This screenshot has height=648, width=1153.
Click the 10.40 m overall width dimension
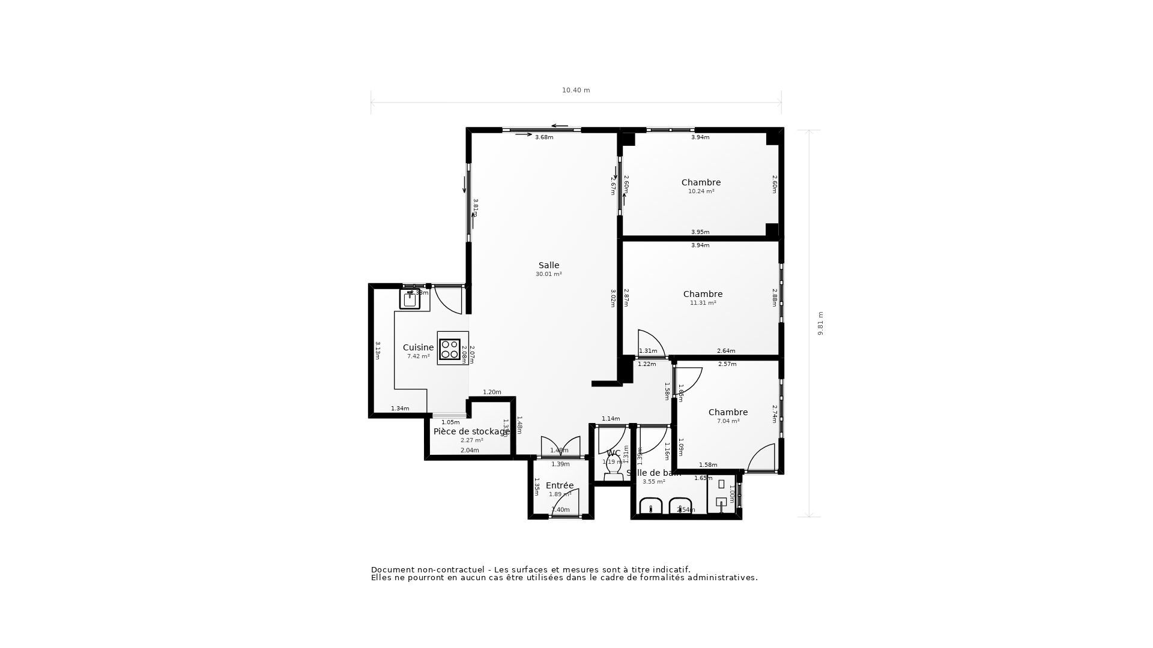click(x=576, y=91)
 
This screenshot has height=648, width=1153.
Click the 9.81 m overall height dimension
click(x=820, y=323)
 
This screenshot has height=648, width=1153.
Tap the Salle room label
click(x=548, y=265)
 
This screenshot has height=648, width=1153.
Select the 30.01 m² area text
click(x=548, y=274)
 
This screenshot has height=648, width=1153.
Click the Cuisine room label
click(x=418, y=347)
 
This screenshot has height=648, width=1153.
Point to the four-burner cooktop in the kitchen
click(x=450, y=349)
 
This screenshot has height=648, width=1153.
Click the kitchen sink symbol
click(x=410, y=299)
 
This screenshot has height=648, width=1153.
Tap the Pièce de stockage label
click(x=471, y=431)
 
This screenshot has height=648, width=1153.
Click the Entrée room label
click(x=559, y=485)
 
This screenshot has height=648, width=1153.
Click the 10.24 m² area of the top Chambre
click(x=701, y=191)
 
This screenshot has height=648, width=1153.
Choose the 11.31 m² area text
click(x=703, y=303)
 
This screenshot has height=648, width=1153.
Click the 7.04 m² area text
click(x=728, y=421)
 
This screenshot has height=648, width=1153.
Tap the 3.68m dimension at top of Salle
click(x=544, y=137)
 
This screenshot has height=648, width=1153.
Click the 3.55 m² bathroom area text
click(x=653, y=482)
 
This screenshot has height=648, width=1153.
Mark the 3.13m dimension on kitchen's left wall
click(x=378, y=350)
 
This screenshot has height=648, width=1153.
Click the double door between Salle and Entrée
click(x=560, y=447)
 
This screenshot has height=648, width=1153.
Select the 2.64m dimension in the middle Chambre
click(x=725, y=351)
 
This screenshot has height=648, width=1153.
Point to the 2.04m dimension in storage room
click(x=470, y=451)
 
